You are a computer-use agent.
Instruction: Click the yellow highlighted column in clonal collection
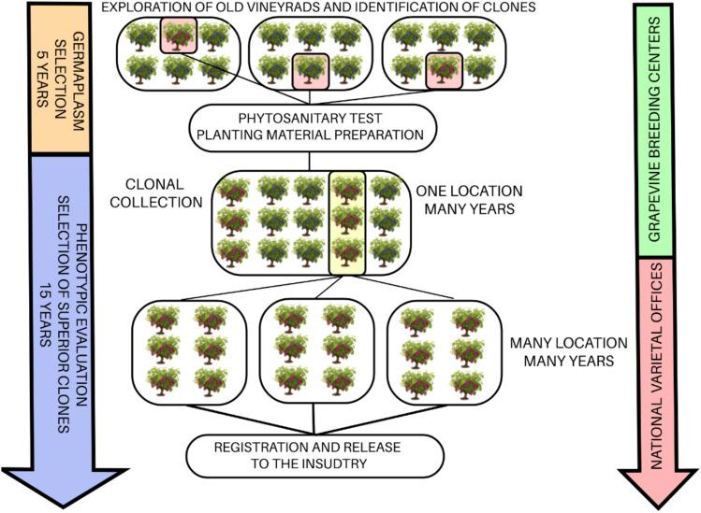pos(346,221)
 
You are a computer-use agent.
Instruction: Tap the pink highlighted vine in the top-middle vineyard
pos(310,70)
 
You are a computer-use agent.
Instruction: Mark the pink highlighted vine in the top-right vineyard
pos(443,70)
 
